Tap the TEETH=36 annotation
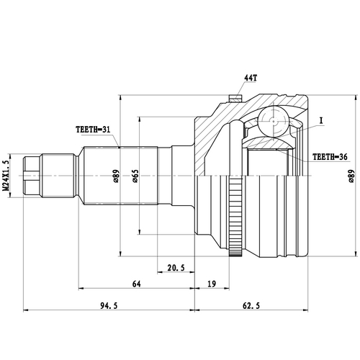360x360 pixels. click(330, 156)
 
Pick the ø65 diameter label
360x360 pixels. click(135, 175)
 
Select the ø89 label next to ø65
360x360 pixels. click(116, 175)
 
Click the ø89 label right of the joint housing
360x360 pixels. click(351, 175)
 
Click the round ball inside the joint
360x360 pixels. click(274, 120)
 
